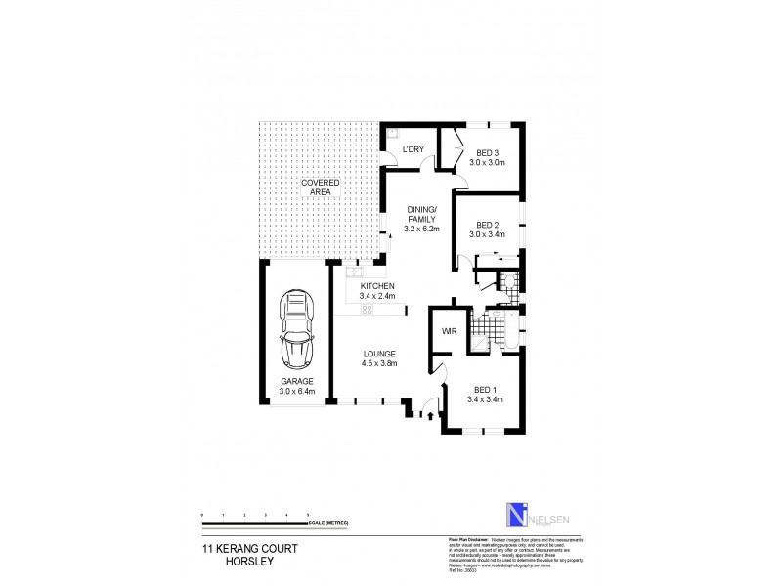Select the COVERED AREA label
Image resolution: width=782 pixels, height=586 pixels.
[x=320, y=188]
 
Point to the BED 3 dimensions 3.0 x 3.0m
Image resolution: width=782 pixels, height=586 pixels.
[x=486, y=163]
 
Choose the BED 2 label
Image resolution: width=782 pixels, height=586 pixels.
[x=487, y=225]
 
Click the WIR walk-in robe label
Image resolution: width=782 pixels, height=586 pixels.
[x=451, y=332]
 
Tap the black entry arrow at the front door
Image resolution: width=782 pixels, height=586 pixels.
[x=429, y=415]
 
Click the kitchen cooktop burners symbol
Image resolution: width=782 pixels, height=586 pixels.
[x=369, y=310]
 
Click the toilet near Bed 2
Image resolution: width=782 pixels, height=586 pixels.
[x=504, y=283]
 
